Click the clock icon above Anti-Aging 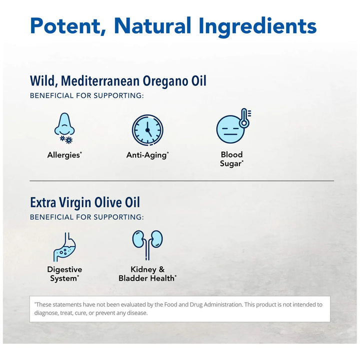pos(147,130)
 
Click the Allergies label pos(64,155)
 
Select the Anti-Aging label pos(147,155)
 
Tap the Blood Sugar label pos(231,159)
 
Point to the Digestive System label pos(64,274)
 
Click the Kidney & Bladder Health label pos(147,274)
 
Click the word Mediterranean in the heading pos(98,81)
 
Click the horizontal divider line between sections pos(181,180)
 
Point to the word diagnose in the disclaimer pos(48,313)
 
